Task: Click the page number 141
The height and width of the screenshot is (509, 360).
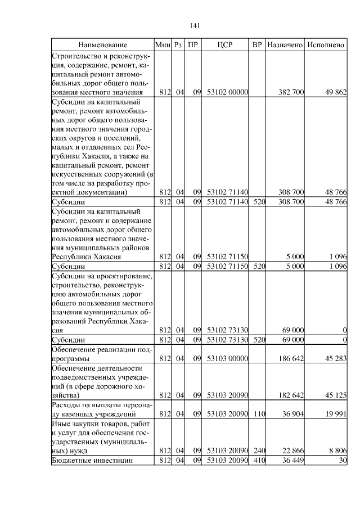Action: point(196,25)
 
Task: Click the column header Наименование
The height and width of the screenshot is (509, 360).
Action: point(102,44)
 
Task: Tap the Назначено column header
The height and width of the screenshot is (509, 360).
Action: point(285,44)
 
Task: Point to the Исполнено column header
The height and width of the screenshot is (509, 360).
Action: point(327,44)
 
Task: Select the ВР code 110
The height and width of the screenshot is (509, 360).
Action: point(259,415)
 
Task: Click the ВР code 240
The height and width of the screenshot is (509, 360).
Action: point(259,450)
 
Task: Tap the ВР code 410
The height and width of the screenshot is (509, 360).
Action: point(259,461)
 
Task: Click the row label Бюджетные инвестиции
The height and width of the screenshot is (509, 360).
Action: point(92,461)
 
